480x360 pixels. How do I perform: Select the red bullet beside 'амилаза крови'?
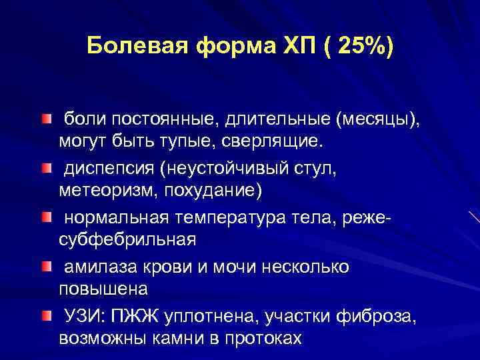point(45,265)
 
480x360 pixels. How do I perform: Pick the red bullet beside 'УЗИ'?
point(45,314)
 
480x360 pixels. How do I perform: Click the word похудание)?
point(213,190)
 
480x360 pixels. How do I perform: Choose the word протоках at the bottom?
point(261,336)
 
